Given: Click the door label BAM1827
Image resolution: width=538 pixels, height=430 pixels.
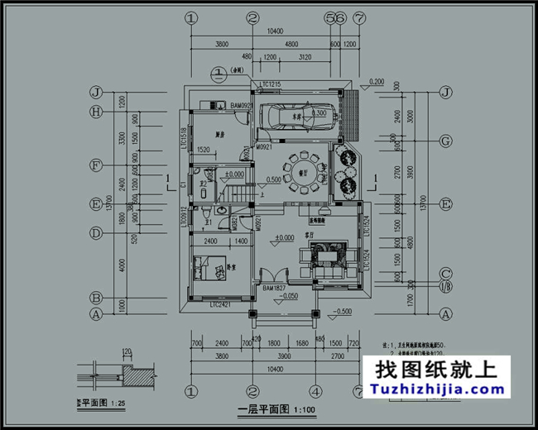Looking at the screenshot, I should [x=273, y=287].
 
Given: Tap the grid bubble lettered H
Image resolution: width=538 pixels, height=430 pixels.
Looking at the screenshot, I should [x=96, y=112].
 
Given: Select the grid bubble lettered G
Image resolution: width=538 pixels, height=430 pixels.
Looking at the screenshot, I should [x=446, y=141].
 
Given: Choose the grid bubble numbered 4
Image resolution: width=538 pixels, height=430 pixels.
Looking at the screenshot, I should [x=315, y=390].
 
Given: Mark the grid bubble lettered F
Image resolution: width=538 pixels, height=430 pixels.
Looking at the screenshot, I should [x=96, y=165].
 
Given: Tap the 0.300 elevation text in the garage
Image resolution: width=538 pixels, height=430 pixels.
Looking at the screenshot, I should [x=318, y=114].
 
